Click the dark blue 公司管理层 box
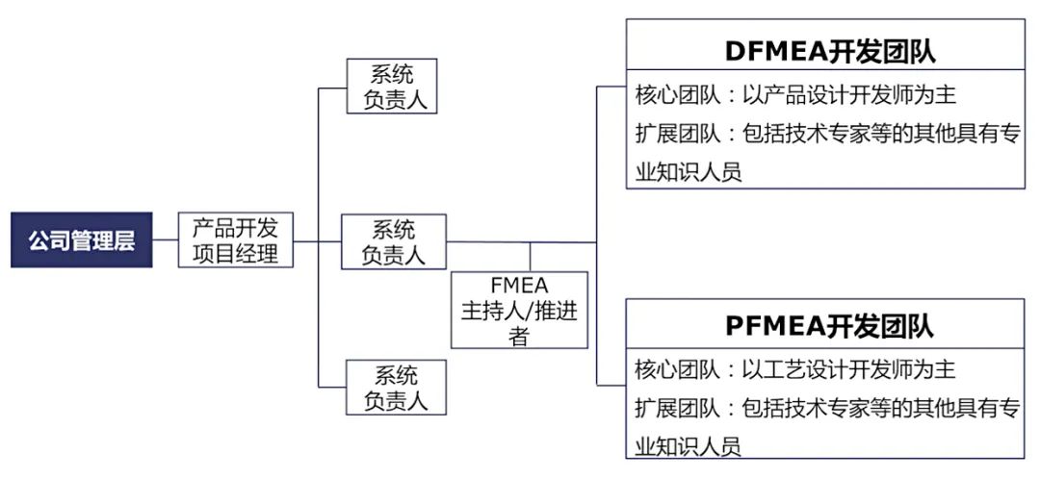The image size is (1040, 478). [82, 240]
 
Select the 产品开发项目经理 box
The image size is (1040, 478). [236, 240]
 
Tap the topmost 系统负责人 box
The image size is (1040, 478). [391, 87]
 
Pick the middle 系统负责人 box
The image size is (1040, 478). [394, 241]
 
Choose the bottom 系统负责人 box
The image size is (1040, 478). [396, 387]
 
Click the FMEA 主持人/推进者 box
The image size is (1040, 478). [519, 310]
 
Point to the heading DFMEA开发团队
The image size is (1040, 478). [829, 51]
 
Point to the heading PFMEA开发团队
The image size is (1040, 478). [829, 326]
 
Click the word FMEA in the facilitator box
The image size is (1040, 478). [519, 286]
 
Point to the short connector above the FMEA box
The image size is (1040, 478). [531, 256]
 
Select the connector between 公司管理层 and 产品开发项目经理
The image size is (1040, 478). [166, 240]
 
